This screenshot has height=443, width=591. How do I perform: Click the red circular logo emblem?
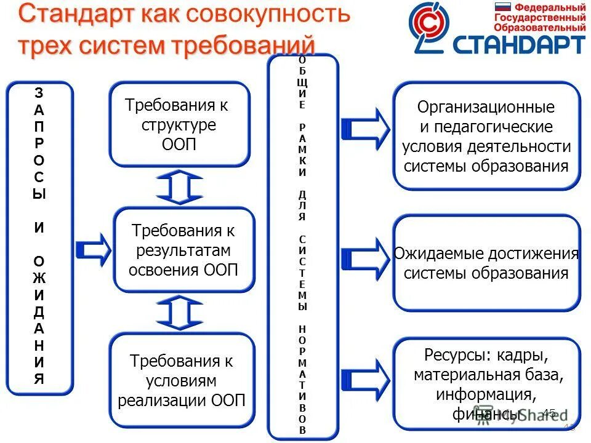(431, 26)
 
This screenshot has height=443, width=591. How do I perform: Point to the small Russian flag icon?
(504, 7)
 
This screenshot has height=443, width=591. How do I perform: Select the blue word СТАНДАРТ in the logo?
(518, 44)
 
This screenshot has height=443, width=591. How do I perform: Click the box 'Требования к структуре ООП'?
(180, 124)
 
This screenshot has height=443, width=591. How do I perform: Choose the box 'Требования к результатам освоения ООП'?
(184, 250)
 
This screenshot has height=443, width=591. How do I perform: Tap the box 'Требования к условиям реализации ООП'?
(182, 380)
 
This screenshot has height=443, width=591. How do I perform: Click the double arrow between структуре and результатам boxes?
(179, 187)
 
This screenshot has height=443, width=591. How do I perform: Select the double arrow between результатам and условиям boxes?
(179, 312)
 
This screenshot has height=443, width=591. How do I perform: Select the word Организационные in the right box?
(486, 108)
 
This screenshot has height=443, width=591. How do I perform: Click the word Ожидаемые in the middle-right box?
(439, 253)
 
